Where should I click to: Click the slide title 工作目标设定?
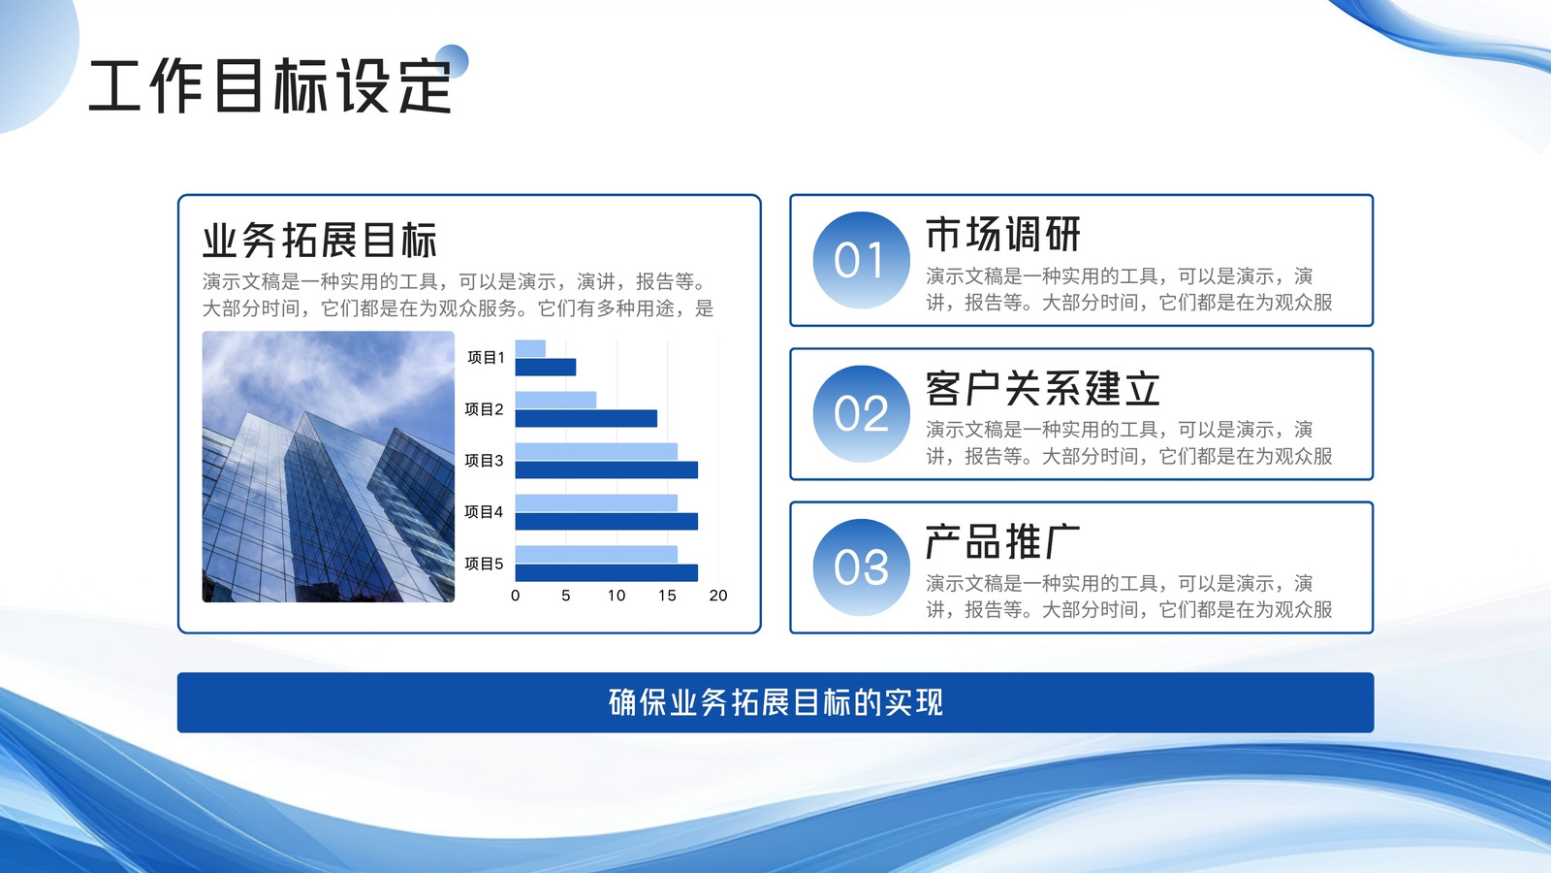point(270,86)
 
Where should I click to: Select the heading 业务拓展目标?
point(319,241)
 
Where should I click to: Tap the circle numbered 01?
point(861,260)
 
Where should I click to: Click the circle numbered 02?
point(861,413)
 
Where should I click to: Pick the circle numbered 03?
point(861,567)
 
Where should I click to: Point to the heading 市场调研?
point(1003,234)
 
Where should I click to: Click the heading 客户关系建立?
point(1043,388)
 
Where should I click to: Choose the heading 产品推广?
point(1003,542)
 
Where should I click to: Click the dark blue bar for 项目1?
point(546,368)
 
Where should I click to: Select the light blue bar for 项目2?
point(555,400)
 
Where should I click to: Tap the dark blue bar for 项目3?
point(607,469)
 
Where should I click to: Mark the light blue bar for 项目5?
point(596,554)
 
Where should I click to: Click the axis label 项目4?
point(484,512)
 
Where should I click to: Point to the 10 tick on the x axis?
point(617,596)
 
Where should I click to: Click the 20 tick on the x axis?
point(718,596)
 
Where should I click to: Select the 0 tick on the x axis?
point(515,596)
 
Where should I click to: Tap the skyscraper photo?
point(329,467)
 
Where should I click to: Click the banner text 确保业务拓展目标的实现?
point(775,702)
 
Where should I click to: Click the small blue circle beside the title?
point(452,61)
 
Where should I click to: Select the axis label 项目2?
point(484,409)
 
